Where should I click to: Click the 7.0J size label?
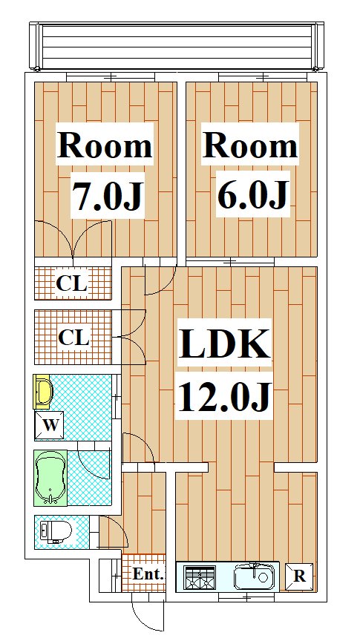108,196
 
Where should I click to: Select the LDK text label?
225,344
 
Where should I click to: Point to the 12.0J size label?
224,397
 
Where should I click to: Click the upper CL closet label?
72,283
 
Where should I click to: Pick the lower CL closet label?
74,338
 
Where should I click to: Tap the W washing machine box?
49,425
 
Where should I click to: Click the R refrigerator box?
299,576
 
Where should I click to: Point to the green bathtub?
50,478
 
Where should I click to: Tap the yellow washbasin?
43,392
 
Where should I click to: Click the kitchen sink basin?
255,576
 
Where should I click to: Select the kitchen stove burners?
200,576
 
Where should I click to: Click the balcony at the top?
177,47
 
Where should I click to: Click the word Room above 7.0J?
105,145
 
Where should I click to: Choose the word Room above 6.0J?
250,145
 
